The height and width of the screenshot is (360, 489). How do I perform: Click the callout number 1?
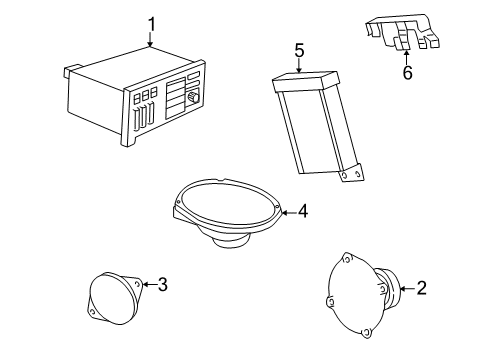click(151, 24)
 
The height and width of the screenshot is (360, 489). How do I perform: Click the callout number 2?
click(421, 289)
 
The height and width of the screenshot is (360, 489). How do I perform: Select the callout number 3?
click(162, 284)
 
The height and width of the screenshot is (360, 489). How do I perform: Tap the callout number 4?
click(302, 211)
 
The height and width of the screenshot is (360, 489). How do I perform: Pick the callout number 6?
click(406, 73)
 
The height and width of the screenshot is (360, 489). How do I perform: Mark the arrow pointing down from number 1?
click(151, 40)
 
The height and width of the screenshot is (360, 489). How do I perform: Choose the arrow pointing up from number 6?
click(406, 55)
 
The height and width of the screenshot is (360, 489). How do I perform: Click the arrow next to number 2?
click(405, 289)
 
